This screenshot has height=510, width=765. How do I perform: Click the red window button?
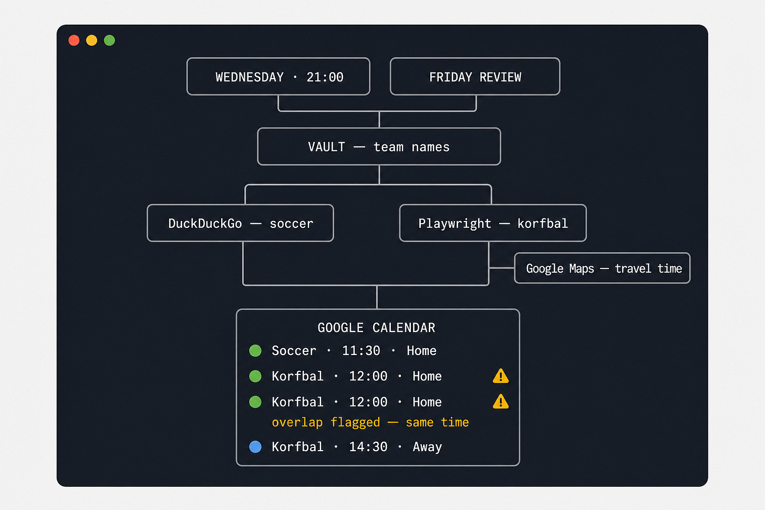[74, 40]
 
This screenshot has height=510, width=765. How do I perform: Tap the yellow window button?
[91, 40]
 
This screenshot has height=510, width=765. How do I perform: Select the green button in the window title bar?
[109, 40]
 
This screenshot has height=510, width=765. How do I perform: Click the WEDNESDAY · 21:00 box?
[278, 77]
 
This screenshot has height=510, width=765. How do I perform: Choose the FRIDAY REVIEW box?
[475, 77]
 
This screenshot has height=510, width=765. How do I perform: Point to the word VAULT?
[326, 147]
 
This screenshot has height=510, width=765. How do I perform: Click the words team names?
[411, 147]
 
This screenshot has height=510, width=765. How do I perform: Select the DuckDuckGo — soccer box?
[241, 223]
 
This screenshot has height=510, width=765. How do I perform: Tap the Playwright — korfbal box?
[493, 223]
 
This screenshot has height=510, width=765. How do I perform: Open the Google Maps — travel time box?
[602, 268]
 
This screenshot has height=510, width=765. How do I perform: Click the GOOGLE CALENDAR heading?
[376, 328]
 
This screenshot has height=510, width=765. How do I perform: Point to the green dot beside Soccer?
[255, 350]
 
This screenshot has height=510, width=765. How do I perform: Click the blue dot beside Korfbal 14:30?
[255, 446]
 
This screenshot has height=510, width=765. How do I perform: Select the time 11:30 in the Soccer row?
[361, 351]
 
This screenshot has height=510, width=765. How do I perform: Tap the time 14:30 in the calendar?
[368, 447]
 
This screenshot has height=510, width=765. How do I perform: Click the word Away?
[427, 447]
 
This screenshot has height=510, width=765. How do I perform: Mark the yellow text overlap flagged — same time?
[370, 423]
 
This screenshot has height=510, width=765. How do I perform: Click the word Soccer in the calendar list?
[294, 351]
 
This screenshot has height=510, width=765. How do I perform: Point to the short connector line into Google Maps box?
[502, 268]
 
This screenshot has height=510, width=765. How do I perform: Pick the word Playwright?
[455, 224]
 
